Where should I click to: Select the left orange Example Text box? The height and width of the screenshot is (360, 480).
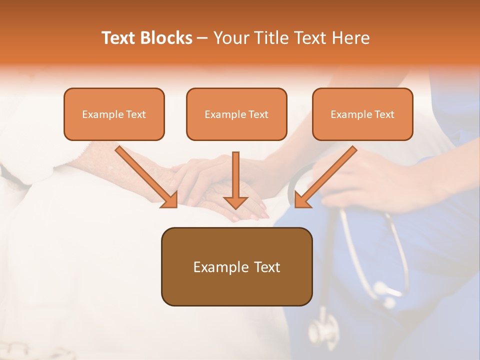[x=114, y=114]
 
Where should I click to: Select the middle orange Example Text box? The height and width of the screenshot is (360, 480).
[x=236, y=114]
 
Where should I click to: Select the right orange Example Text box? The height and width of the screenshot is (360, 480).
[x=362, y=114]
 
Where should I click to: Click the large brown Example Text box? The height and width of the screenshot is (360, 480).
[x=236, y=266]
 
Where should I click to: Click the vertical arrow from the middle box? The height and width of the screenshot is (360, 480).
[x=235, y=177]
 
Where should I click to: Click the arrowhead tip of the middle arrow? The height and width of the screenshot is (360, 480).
[x=235, y=206]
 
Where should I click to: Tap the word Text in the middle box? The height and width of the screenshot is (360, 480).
[x=258, y=114]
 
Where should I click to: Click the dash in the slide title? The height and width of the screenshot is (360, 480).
[x=202, y=38]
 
